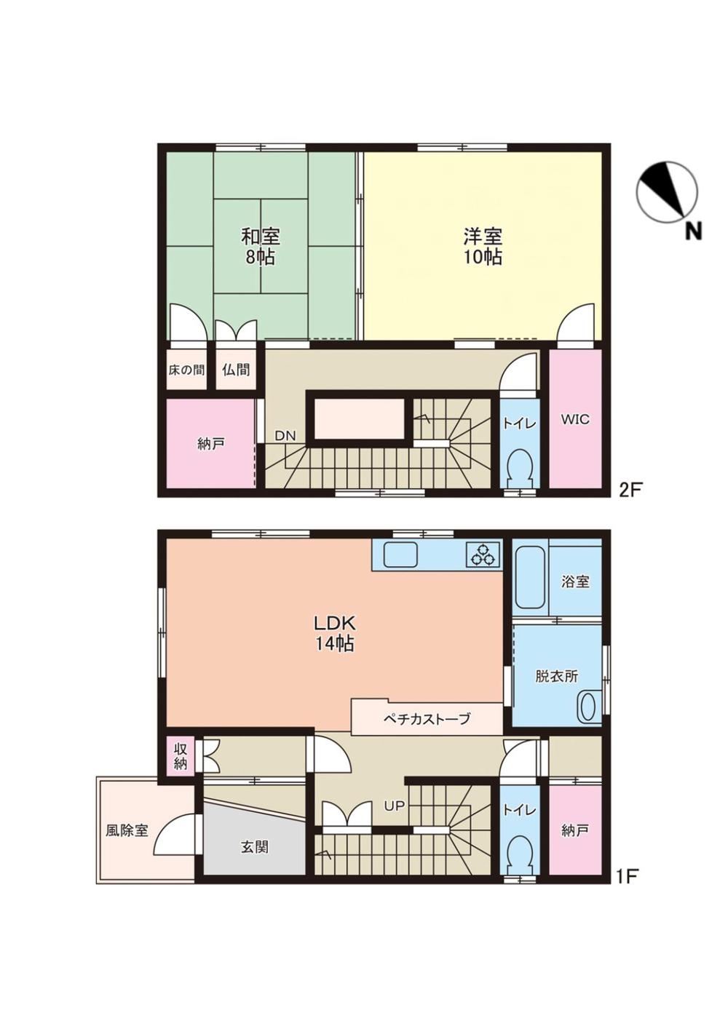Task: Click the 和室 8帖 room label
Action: [260, 246]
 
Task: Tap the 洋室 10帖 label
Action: [482, 246]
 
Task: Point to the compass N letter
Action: [694, 231]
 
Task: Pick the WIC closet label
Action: [575, 419]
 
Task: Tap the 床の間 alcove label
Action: [186, 370]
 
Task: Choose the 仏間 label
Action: [236, 370]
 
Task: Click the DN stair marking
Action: [285, 435]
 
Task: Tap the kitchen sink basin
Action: [400, 555]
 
